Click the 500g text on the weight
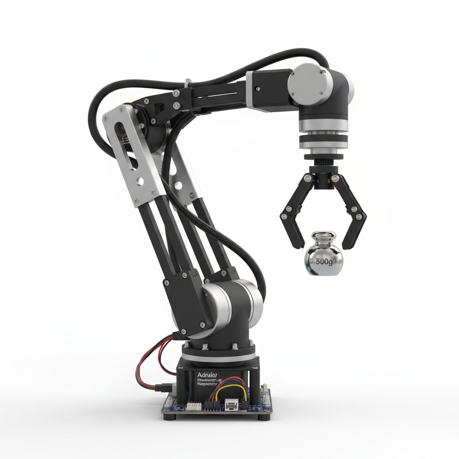[x=324, y=261]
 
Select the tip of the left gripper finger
[x=297, y=245]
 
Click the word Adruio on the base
[x=207, y=374]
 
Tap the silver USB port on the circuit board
[x=232, y=405]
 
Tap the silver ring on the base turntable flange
[x=218, y=357]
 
